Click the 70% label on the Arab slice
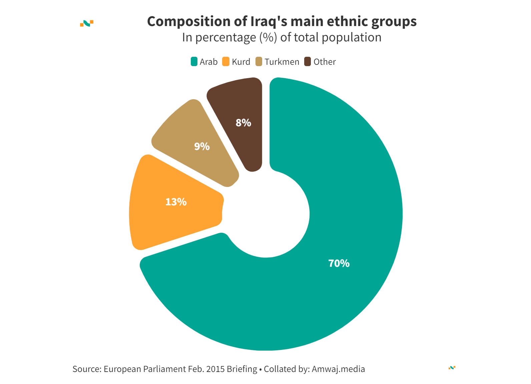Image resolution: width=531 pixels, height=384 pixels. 339,263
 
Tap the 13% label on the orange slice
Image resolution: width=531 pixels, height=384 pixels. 176,202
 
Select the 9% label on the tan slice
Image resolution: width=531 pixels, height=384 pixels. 202,146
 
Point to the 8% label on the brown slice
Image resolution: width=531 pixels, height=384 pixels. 243,123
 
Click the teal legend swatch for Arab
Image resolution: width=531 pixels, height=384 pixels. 194,62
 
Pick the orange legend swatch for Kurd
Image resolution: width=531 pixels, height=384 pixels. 226,62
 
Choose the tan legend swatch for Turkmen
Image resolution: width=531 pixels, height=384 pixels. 259,62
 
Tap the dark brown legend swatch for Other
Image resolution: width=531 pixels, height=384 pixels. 308,62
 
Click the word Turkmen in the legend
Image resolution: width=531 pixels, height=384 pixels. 282,62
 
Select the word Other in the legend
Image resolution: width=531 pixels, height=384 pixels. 325,62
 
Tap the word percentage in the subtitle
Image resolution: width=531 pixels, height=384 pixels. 225,37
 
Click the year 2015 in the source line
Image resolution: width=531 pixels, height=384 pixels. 215,369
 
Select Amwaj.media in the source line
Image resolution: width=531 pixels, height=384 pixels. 338,369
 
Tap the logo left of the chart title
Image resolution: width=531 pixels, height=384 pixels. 87,23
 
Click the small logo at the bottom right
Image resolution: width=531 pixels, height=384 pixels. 452,368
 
